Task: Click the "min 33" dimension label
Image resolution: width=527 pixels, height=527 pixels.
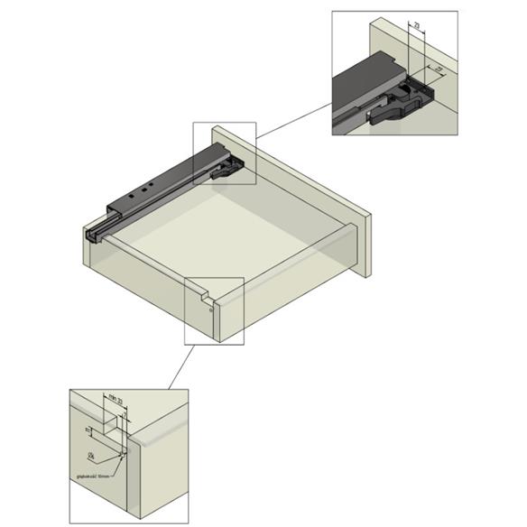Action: click(x=114, y=397)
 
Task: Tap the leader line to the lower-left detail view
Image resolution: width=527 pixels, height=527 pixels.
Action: click(x=180, y=366)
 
